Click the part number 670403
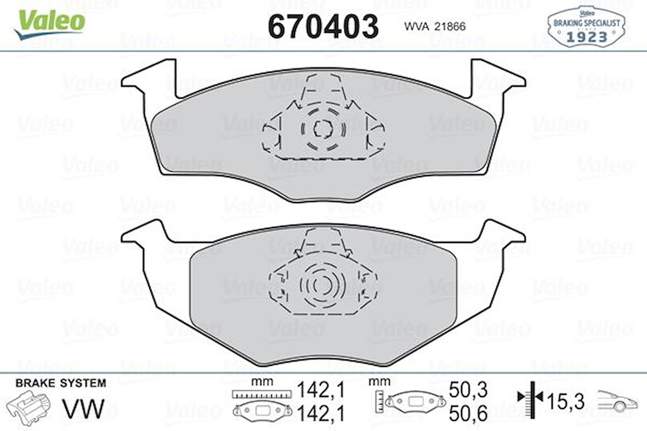323,26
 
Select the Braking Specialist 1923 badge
586,27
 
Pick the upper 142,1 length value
321,390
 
